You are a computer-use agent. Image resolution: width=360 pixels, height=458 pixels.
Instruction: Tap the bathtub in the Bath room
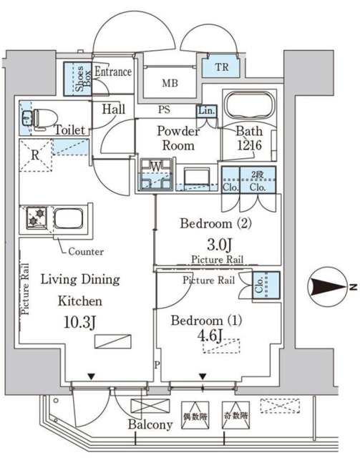pos(249,105)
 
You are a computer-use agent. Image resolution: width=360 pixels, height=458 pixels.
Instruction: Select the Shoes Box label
pos(83,79)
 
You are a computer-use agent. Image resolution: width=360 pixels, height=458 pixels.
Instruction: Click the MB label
pos(170,83)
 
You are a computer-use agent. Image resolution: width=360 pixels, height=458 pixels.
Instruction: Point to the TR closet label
pos(222,67)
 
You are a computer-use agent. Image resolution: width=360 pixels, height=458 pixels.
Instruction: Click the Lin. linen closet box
pos(207,112)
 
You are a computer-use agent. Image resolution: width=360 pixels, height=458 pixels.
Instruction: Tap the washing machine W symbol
pos(156,174)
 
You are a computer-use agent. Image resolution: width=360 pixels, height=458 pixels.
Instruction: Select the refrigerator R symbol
pos(35,155)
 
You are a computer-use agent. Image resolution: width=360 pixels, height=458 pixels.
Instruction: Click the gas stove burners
pos(37,218)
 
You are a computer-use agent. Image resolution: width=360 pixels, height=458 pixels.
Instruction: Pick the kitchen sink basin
pos(69,218)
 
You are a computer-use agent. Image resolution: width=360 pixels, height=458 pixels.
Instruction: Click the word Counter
pos(86,251)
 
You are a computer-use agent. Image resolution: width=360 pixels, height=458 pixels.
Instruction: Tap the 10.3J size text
pos(80,322)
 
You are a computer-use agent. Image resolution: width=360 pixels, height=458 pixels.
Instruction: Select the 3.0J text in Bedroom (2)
pos(220,245)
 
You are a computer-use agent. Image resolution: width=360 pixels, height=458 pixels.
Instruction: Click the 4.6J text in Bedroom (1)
pos(210,336)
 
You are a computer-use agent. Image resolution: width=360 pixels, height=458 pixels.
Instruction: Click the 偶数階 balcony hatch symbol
pos(195,415)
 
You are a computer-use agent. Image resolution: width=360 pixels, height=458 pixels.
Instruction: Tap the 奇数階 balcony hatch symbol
pos(235,415)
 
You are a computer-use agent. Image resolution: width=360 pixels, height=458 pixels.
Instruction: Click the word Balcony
pos(150,424)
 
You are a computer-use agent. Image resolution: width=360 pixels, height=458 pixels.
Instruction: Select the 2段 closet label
pos(258,175)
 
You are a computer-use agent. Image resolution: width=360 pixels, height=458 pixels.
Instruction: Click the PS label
pos(164,109)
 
